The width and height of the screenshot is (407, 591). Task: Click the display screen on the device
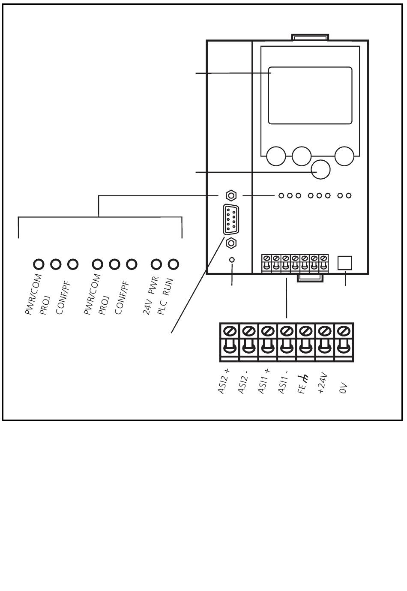[x=310, y=95]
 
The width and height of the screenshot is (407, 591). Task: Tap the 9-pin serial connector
[x=231, y=219]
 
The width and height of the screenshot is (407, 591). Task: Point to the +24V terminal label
[x=322, y=383]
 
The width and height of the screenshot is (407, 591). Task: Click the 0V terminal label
[x=343, y=388]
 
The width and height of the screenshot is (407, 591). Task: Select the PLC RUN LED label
[x=165, y=297]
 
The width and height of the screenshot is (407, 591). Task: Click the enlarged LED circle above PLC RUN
[x=174, y=264]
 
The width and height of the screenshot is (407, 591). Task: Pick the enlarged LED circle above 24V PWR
[x=156, y=264]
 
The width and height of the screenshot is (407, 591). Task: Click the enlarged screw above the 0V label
[x=344, y=330]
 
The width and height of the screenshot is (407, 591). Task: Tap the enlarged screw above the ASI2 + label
[x=230, y=330]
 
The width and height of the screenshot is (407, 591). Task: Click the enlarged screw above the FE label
[x=306, y=330]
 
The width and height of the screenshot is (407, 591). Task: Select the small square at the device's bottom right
[x=345, y=263]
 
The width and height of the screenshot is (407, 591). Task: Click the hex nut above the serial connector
[x=231, y=195]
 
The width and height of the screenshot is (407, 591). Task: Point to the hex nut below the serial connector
[x=231, y=243]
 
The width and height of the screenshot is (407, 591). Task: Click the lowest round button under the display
[x=320, y=169]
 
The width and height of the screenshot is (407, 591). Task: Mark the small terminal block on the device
[x=295, y=264]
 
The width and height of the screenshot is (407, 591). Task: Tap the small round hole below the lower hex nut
[x=232, y=260]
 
